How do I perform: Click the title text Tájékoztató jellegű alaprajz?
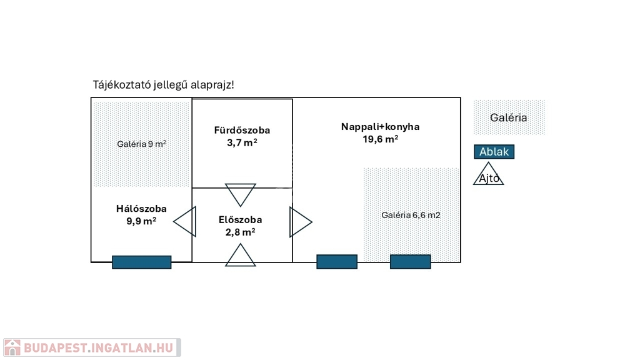pyautogui.click(x=164, y=84)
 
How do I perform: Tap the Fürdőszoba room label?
pyautogui.click(x=242, y=131)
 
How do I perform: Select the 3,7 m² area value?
pyautogui.click(x=242, y=142)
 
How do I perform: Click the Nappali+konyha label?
pyautogui.click(x=380, y=127)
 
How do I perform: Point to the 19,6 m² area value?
pyautogui.click(x=380, y=139)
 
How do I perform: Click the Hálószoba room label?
pyautogui.click(x=141, y=209)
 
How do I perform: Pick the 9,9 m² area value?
pyautogui.click(x=141, y=221)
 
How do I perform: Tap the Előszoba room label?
pyautogui.click(x=240, y=220)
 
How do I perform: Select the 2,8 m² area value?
pyautogui.click(x=240, y=232)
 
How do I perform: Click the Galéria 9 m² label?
pyautogui.click(x=141, y=144)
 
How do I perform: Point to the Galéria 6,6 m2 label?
pyautogui.click(x=411, y=215)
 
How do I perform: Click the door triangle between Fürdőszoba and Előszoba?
pyautogui.click(x=241, y=194)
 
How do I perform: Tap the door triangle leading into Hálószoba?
pyautogui.click(x=185, y=222)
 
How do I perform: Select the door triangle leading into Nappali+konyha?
pyautogui.click(x=299, y=222)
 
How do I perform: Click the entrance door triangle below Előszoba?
pyautogui.click(x=241, y=256)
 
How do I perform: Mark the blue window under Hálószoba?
pyautogui.click(x=141, y=262)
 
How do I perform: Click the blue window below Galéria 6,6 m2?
pyautogui.click(x=410, y=262)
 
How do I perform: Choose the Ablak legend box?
pyautogui.click(x=494, y=152)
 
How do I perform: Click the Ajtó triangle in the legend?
pyautogui.click(x=489, y=175)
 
